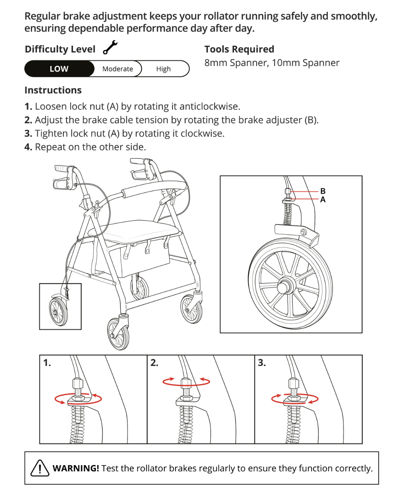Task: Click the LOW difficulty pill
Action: tap(59, 69)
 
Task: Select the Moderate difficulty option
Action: tap(118, 69)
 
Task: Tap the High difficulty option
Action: tap(163, 69)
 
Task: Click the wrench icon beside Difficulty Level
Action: tap(110, 48)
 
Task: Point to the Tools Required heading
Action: tap(239, 49)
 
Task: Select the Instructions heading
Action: tap(53, 90)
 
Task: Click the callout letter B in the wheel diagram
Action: tap(323, 191)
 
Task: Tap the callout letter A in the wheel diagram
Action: tap(323, 200)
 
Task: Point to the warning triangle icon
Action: tap(40, 468)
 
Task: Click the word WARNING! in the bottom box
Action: tap(76, 468)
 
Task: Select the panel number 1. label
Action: tap(47, 363)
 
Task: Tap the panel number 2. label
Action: tap(155, 363)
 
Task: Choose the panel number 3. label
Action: tap(262, 363)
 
